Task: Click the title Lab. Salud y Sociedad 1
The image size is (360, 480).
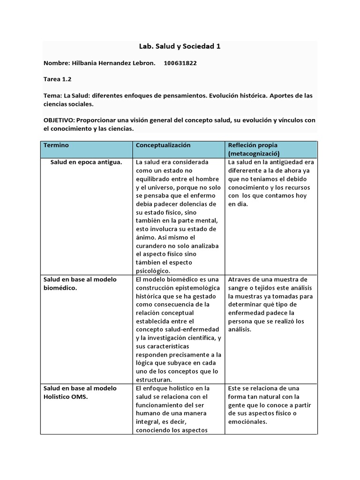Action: [x=180, y=46]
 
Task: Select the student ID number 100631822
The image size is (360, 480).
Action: [x=180, y=63]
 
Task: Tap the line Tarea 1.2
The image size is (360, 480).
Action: [x=57, y=79]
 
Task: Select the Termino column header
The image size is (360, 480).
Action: [x=56, y=145]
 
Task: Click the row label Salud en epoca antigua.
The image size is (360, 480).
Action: [x=86, y=162]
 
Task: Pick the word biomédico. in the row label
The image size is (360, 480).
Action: [x=60, y=288]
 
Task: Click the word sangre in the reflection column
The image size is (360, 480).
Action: [x=239, y=287]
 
